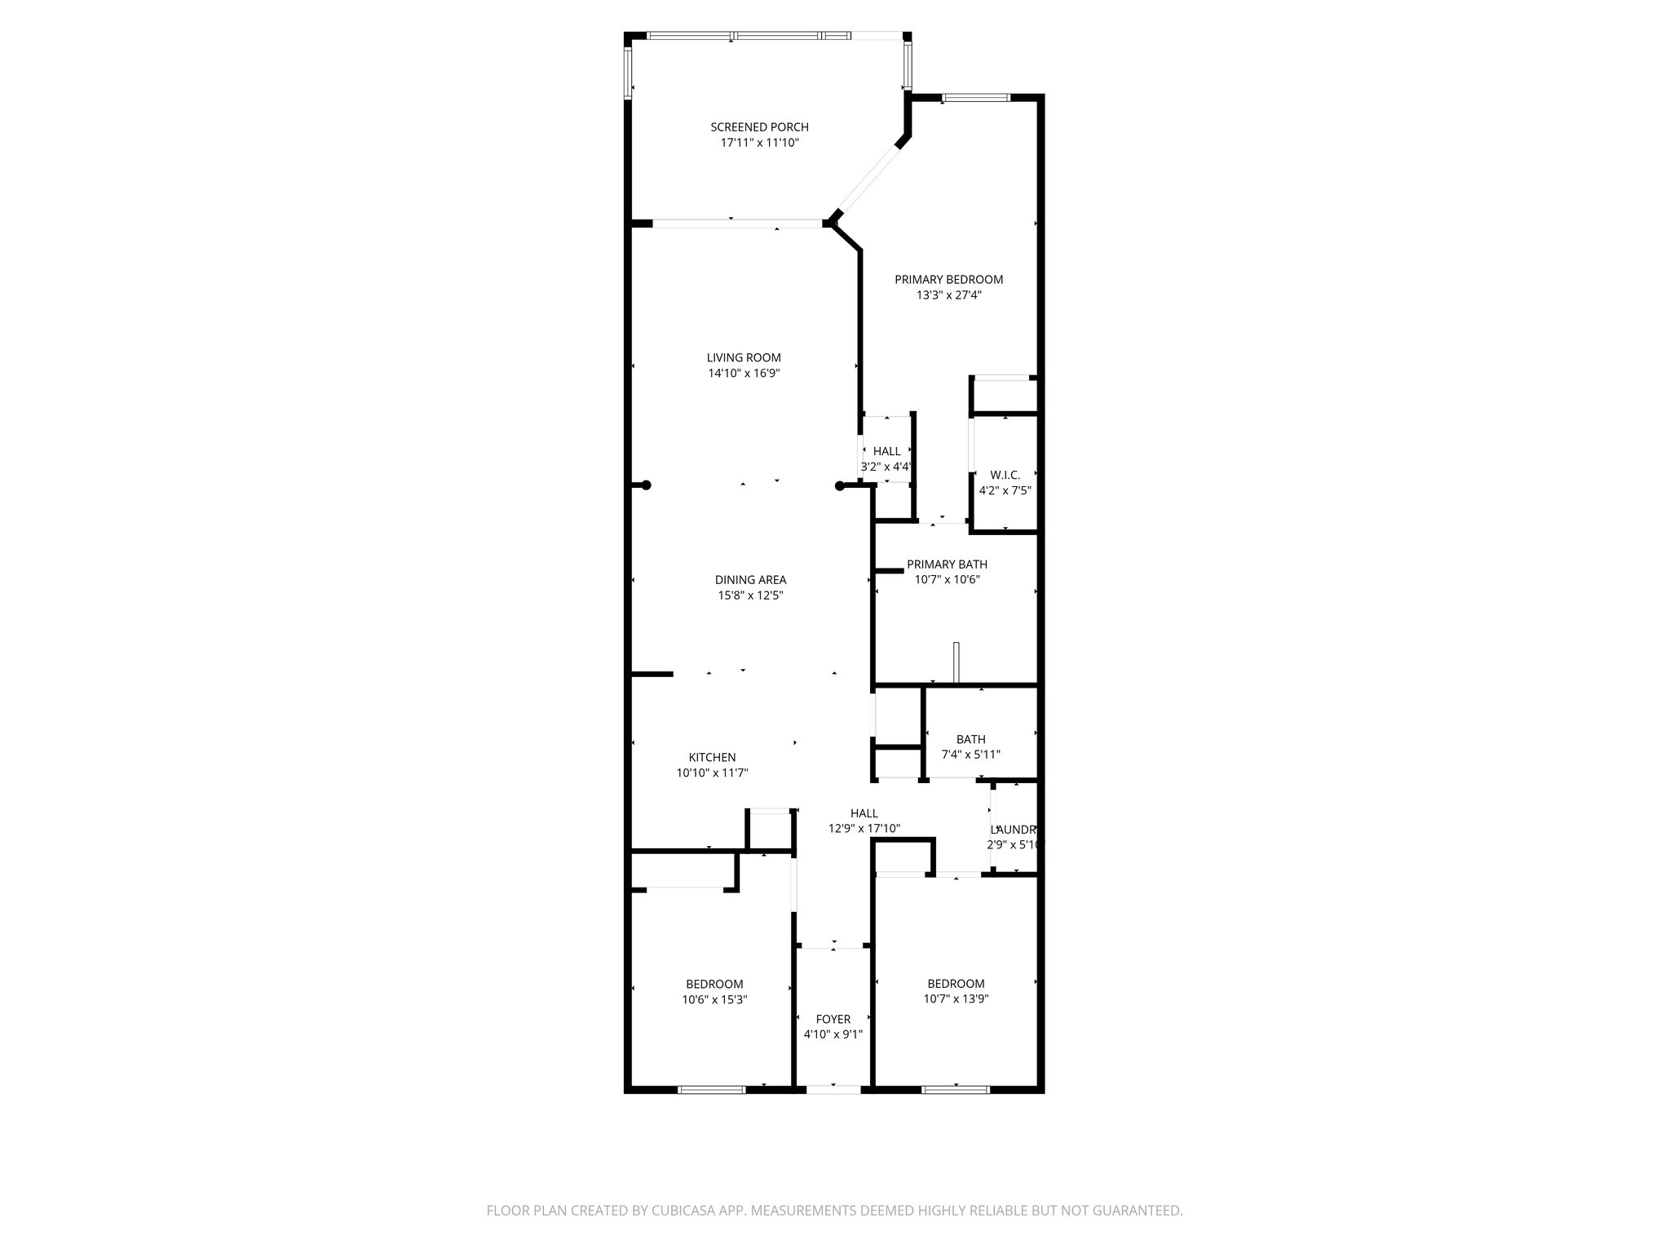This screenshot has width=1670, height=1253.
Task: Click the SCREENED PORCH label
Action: click(759, 127)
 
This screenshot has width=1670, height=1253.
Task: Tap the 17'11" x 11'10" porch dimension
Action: click(759, 143)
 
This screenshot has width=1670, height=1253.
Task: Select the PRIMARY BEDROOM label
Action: click(948, 280)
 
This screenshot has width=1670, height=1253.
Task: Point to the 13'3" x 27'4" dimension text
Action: click(948, 295)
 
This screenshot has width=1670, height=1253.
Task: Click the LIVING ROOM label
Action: click(744, 357)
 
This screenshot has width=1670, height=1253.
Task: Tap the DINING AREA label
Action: click(750, 580)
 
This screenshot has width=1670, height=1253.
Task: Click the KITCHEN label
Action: click(712, 757)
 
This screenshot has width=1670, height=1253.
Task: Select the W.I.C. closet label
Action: click(1005, 475)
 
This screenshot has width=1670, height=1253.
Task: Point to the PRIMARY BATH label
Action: click(947, 565)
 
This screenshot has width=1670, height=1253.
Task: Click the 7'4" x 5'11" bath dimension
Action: click(970, 755)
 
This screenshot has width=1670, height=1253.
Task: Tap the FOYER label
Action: click(833, 1019)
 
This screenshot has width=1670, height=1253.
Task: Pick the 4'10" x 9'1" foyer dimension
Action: click(833, 1034)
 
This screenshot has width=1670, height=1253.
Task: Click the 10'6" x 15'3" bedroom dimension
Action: click(714, 999)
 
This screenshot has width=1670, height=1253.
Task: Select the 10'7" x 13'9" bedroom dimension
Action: click(956, 998)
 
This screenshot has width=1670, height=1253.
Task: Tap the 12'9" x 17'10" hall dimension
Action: click(864, 829)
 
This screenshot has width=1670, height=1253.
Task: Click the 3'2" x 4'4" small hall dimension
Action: click(886, 467)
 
